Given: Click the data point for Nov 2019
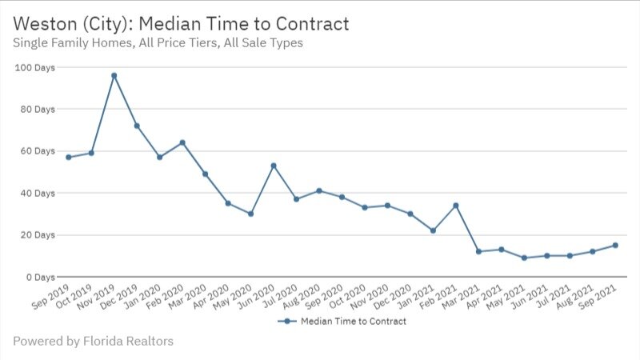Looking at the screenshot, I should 114,76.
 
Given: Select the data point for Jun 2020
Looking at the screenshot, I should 274,166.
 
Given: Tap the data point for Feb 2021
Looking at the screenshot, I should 455,206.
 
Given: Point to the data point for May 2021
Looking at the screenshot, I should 524,258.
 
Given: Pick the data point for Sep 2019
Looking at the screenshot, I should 68,158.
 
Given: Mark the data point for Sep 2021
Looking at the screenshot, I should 615,246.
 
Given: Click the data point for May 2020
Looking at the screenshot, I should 250,214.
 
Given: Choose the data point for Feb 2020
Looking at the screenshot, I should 182,143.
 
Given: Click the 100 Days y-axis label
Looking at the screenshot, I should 34,67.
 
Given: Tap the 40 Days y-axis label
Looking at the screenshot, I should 37,193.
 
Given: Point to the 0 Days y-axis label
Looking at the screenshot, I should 40,277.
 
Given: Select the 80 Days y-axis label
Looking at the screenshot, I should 37,109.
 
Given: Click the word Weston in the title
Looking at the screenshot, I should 42,24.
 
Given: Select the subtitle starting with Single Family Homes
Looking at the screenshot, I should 158,43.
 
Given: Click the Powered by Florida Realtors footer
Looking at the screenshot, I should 93,342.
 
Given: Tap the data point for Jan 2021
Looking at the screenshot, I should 433,230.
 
